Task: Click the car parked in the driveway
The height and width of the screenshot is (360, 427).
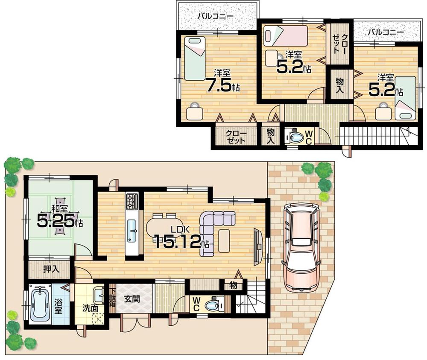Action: (x=302, y=247)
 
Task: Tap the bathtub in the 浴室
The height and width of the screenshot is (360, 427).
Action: (x=40, y=304)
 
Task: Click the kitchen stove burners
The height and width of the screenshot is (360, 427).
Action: (x=132, y=201)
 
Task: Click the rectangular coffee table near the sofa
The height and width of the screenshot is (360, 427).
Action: (x=224, y=240)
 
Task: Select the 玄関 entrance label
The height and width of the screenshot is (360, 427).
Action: (x=132, y=299)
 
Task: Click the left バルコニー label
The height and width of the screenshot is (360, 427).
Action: (x=215, y=17)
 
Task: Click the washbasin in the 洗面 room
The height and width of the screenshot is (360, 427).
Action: (x=99, y=293)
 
